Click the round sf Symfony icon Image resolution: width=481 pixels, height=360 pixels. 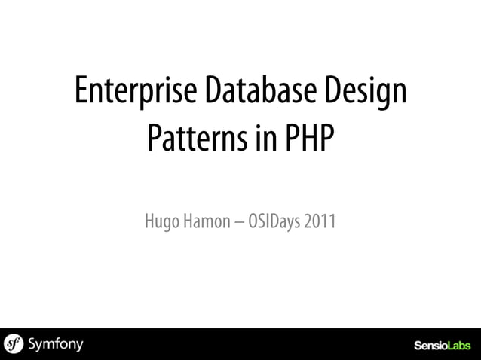tap(14, 344)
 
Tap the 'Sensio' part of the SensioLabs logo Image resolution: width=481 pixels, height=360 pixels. tap(430, 346)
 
